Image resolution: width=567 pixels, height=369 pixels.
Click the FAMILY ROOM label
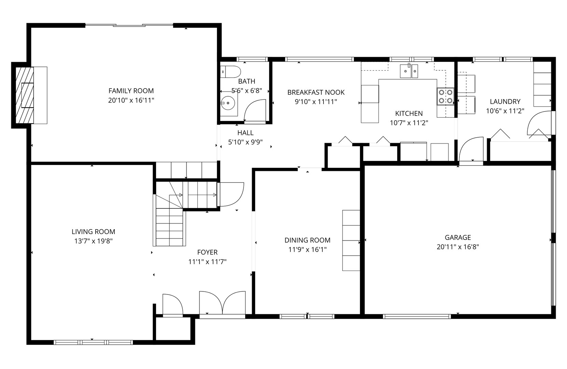131,91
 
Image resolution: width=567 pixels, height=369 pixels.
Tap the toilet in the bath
230,72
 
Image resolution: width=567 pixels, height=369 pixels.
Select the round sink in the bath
228,103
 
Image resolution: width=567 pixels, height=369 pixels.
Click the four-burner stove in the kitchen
445,96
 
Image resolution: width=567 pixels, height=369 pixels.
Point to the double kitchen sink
409,71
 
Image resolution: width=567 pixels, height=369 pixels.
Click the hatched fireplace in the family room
25,95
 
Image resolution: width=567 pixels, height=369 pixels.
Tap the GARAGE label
458,237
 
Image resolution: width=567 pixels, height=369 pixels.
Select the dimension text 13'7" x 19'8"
93,241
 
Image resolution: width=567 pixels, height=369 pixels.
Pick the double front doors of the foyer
222,303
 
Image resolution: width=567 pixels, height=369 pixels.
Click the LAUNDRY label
505,101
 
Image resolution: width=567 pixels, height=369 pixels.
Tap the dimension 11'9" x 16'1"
307,249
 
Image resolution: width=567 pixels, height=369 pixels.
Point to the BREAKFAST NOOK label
316,92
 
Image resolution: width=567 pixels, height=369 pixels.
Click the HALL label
246,133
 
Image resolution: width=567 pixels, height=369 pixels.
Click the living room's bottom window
93,342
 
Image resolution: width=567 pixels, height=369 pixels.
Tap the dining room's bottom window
307,316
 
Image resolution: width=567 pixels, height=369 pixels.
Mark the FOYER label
207,252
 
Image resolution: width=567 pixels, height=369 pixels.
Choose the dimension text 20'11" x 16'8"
458,247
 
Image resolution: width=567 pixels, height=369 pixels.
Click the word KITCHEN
409,113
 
